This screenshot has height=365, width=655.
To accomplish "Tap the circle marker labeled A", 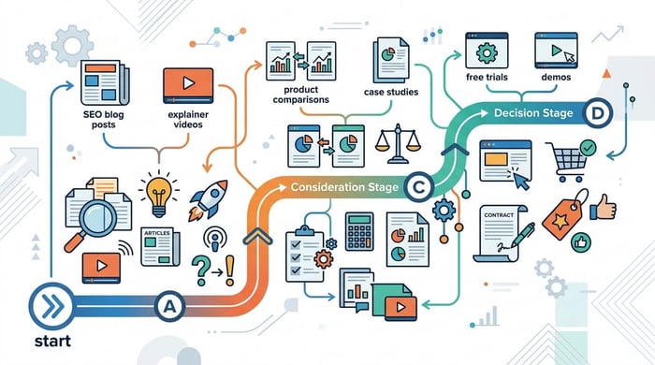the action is point(169,305).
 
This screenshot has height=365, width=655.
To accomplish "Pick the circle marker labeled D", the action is point(598,114).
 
